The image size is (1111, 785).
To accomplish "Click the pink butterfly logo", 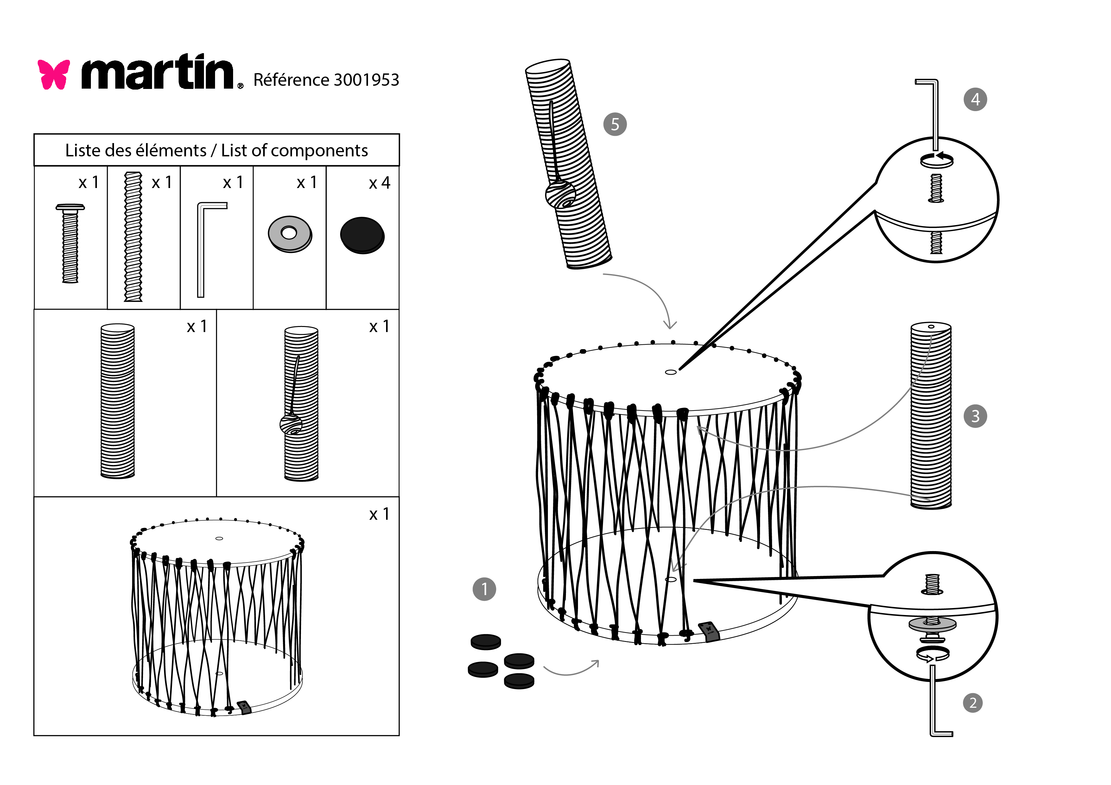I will pyautogui.click(x=54, y=74).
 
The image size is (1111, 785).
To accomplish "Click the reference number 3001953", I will pyautogui.click(x=366, y=80).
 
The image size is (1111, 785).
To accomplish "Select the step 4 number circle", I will pyautogui.click(x=975, y=100).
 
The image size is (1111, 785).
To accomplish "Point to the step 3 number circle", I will pyautogui.click(x=975, y=416).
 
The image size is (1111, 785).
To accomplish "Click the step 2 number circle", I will pyautogui.click(x=973, y=703).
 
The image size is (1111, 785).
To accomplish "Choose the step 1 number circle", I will pyautogui.click(x=484, y=589).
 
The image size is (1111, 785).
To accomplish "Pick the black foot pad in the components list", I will pyautogui.click(x=362, y=235).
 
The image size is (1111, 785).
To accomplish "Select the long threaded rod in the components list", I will pyautogui.click(x=133, y=237).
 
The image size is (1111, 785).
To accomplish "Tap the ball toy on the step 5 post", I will pyautogui.click(x=560, y=194).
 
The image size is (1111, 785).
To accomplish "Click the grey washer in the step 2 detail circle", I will pyautogui.click(x=932, y=624).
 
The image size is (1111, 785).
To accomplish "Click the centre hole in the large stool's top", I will pyautogui.click(x=671, y=372).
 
